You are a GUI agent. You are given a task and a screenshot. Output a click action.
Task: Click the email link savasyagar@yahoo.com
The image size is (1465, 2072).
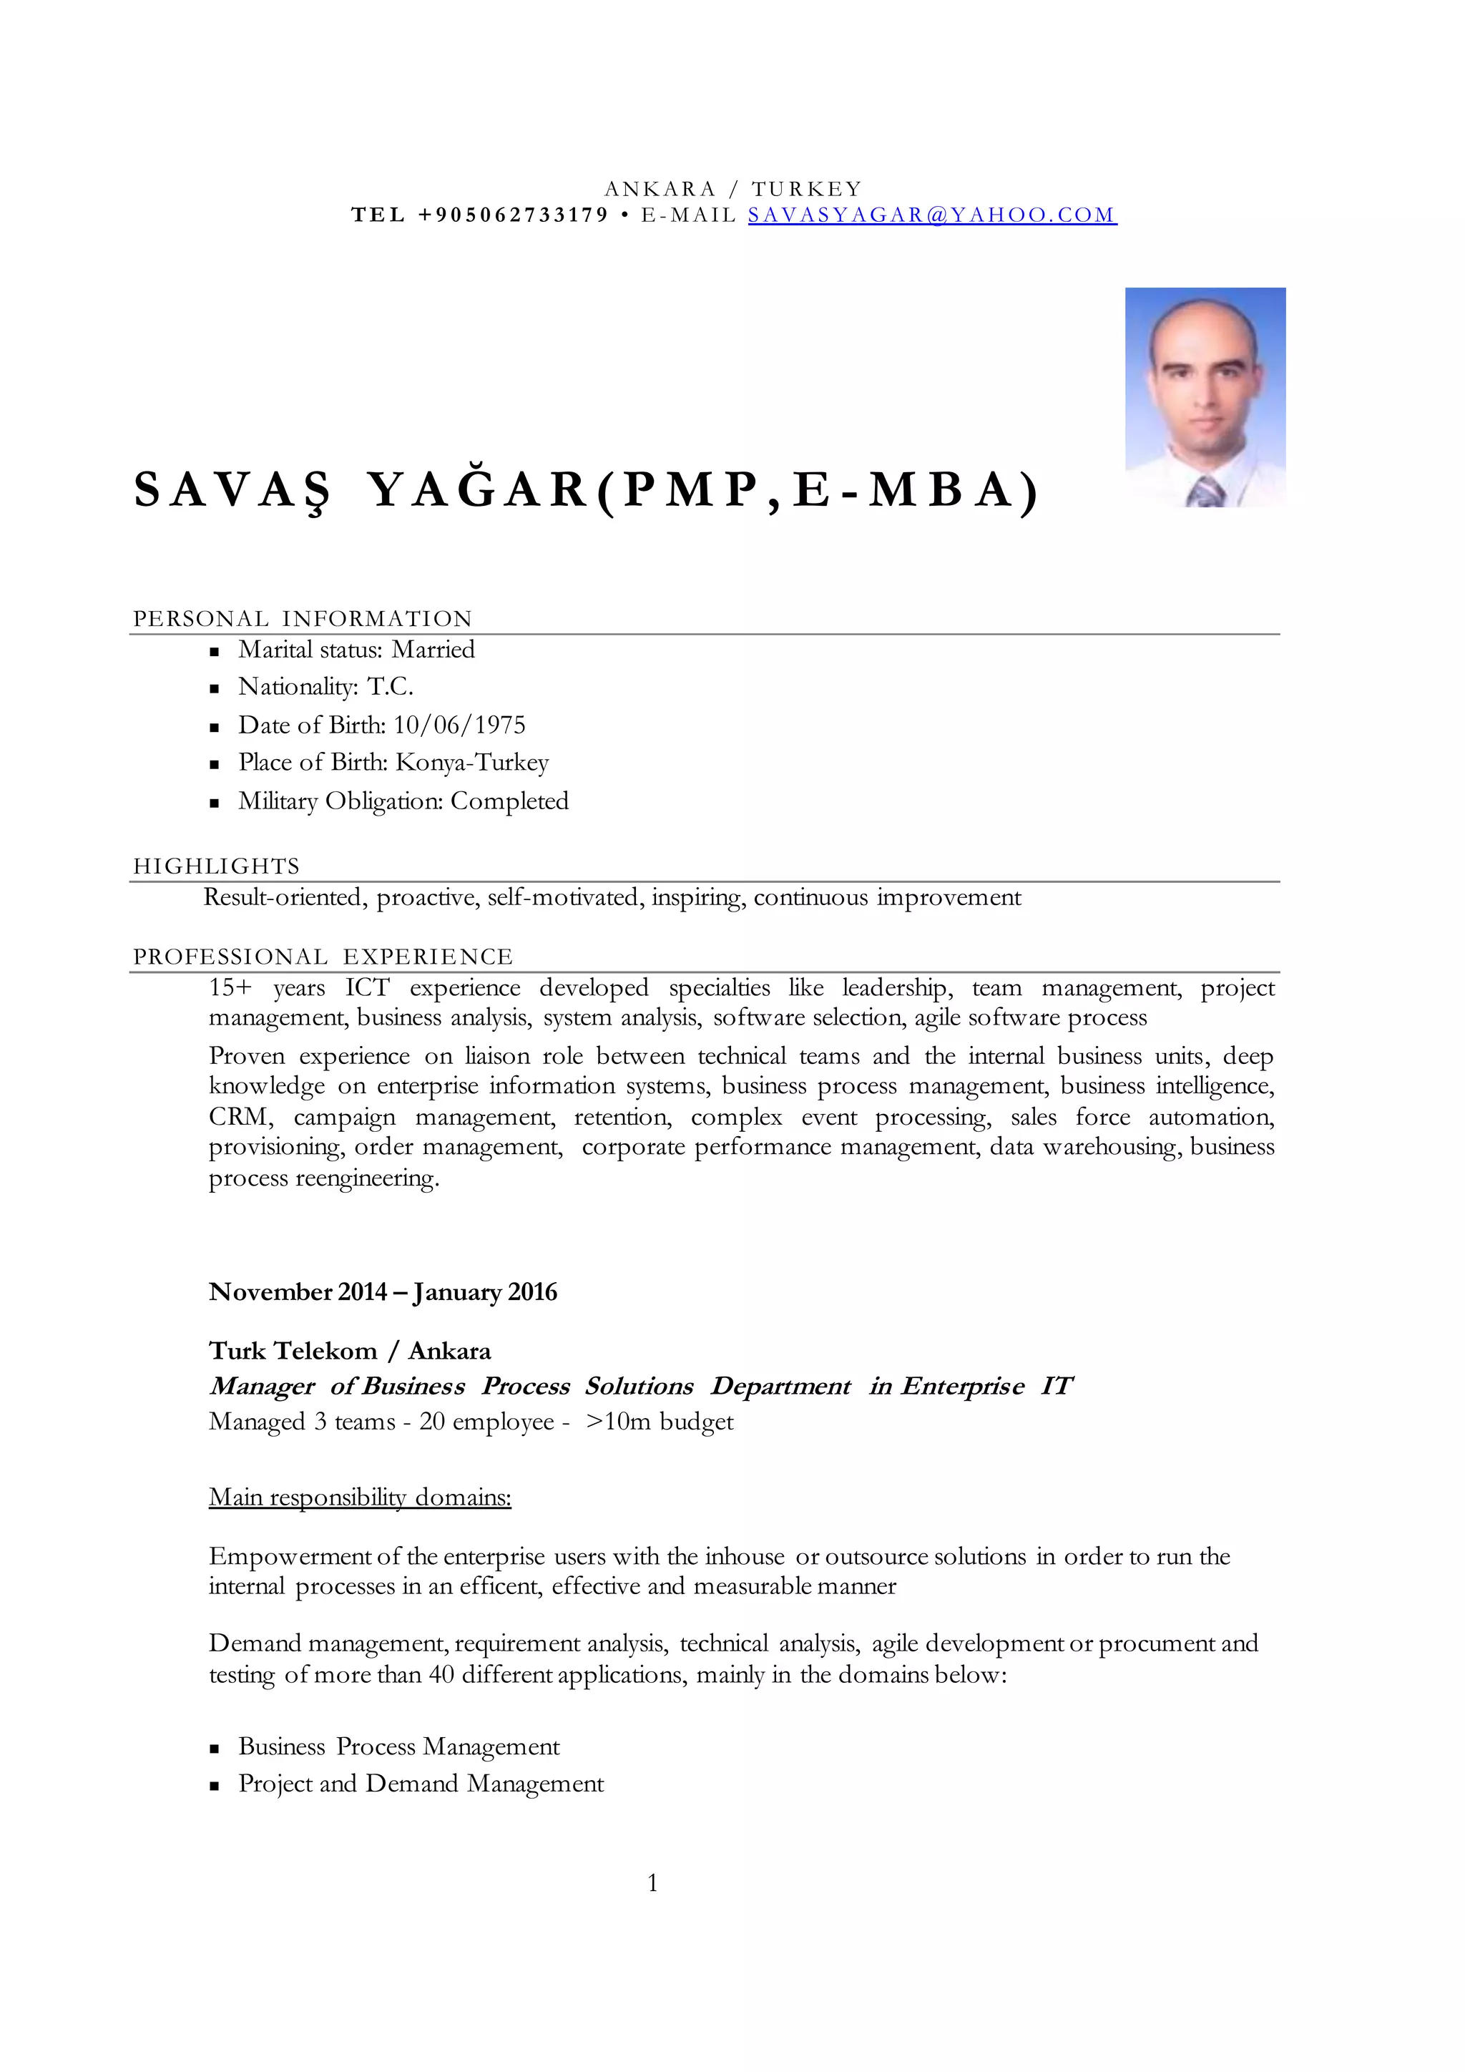tap(932, 215)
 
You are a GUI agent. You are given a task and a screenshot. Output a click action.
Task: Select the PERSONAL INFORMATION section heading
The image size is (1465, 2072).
tap(302, 619)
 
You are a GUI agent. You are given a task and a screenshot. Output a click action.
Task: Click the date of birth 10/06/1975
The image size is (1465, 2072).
tap(459, 725)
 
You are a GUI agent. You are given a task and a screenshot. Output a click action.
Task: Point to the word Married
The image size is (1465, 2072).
tap(433, 650)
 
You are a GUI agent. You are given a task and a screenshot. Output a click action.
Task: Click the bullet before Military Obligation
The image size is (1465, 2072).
tap(215, 802)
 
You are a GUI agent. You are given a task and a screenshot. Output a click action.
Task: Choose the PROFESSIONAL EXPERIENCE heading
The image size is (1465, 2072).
tap(322, 957)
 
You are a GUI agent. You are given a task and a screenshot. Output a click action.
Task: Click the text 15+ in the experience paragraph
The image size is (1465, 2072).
tap(230, 987)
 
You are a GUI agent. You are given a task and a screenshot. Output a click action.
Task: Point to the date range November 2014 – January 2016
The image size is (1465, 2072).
tap(383, 1292)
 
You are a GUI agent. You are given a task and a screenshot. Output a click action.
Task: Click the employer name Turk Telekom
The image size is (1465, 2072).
tap(293, 1351)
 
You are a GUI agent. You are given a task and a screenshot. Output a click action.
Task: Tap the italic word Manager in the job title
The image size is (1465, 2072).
tap(262, 1386)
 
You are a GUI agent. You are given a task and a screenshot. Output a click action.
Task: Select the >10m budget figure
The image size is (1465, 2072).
tap(660, 1422)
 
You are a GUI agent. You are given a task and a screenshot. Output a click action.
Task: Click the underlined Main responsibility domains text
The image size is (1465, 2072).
tap(360, 1497)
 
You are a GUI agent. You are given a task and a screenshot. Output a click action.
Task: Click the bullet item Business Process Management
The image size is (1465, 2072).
tap(398, 1746)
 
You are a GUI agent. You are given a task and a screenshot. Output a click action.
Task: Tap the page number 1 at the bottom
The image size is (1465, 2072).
tap(652, 1882)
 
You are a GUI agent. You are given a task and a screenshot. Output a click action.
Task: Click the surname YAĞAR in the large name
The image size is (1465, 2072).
tap(478, 490)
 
